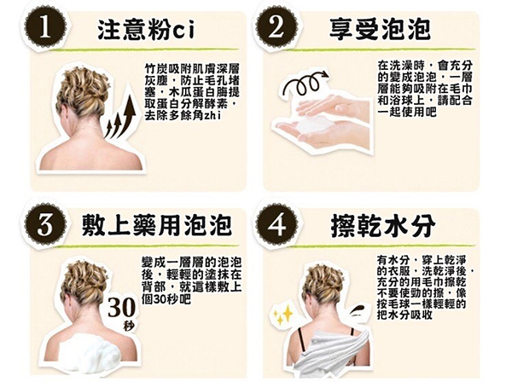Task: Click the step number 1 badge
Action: (x=45, y=28)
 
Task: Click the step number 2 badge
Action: (x=276, y=28)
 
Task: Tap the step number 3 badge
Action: (x=45, y=224)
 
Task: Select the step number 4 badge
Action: (x=276, y=224)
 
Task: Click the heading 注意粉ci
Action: (x=146, y=29)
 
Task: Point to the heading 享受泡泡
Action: (x=380, y=29)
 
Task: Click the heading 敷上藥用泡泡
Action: (x=157, y=225)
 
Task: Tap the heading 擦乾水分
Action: (x=383, y=225)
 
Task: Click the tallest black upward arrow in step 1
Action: (x=128, y=115)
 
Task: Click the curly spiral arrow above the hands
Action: (x=305, y=84)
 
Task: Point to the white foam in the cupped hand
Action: (x=313, y=124)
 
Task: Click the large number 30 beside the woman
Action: (x=121, y=307)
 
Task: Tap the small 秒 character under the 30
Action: (x=130, y=326)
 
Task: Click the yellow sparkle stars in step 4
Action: (x=282, y=315)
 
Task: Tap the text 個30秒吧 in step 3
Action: (x=166, y=298)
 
